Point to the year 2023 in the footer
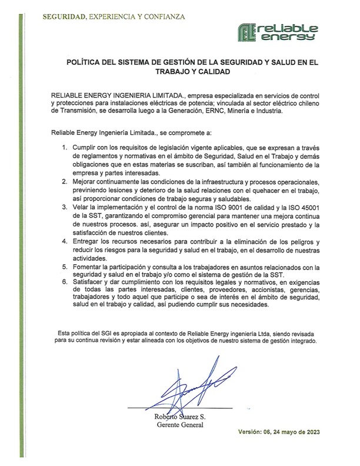click(x=316, y=432)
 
